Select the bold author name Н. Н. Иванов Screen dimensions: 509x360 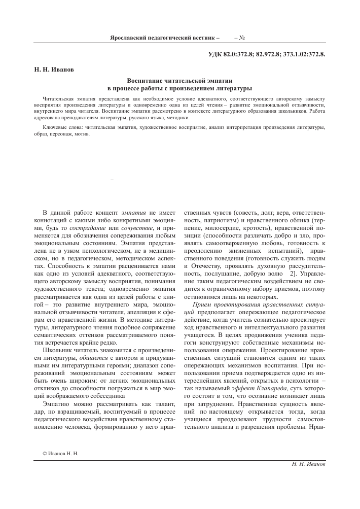coord(50,70)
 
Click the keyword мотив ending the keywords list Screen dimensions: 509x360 coord(82,135)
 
